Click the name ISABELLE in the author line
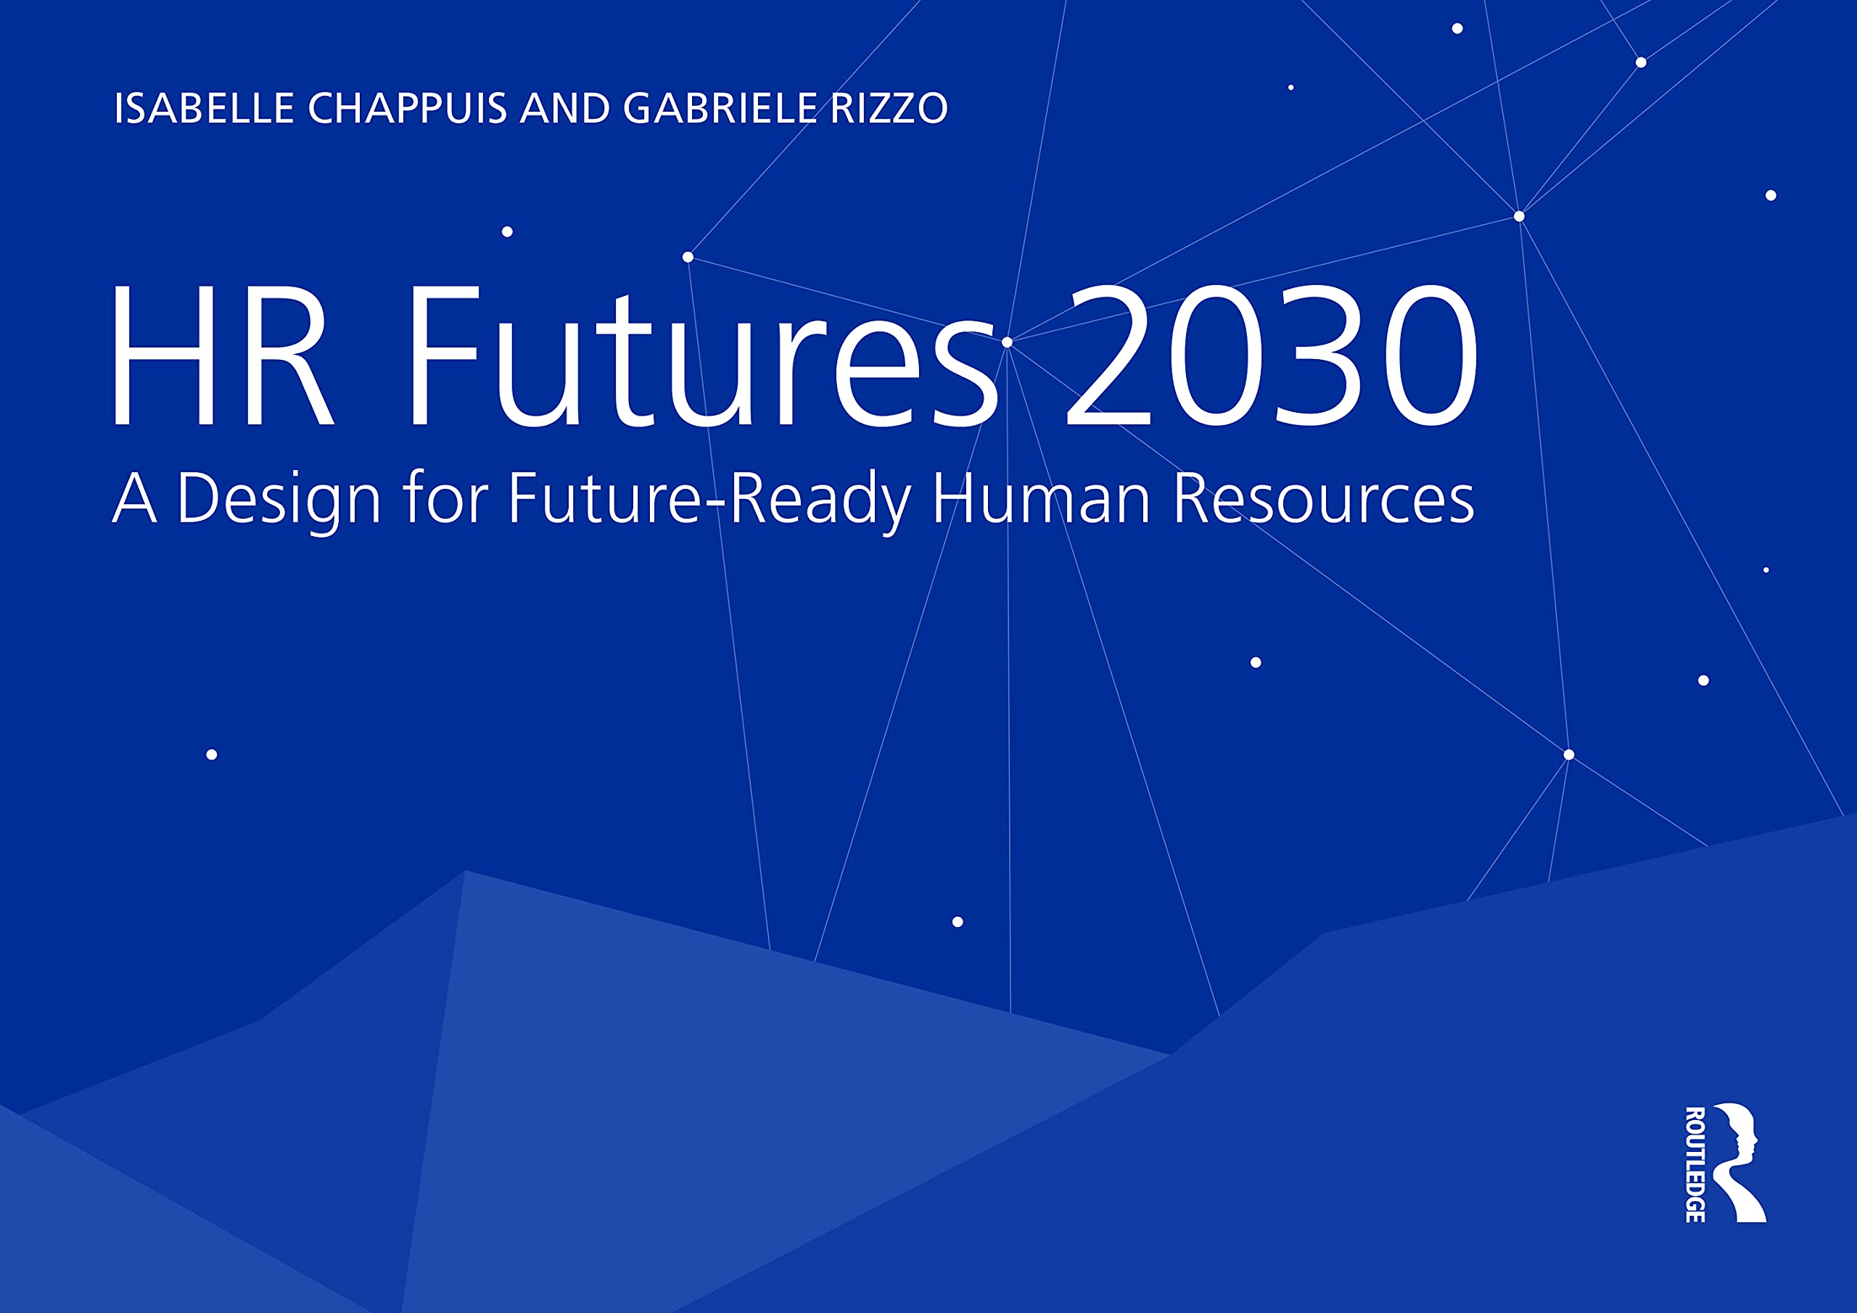pos(204,108)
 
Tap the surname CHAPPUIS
pos(408,108)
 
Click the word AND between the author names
pos(565,108)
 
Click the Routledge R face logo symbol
pos(1742,1164)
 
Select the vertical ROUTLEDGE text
pos(1695,1164)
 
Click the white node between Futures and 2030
pos(1007,342)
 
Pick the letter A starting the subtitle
pos(134,498)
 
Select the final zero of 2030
pos(1428,355)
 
